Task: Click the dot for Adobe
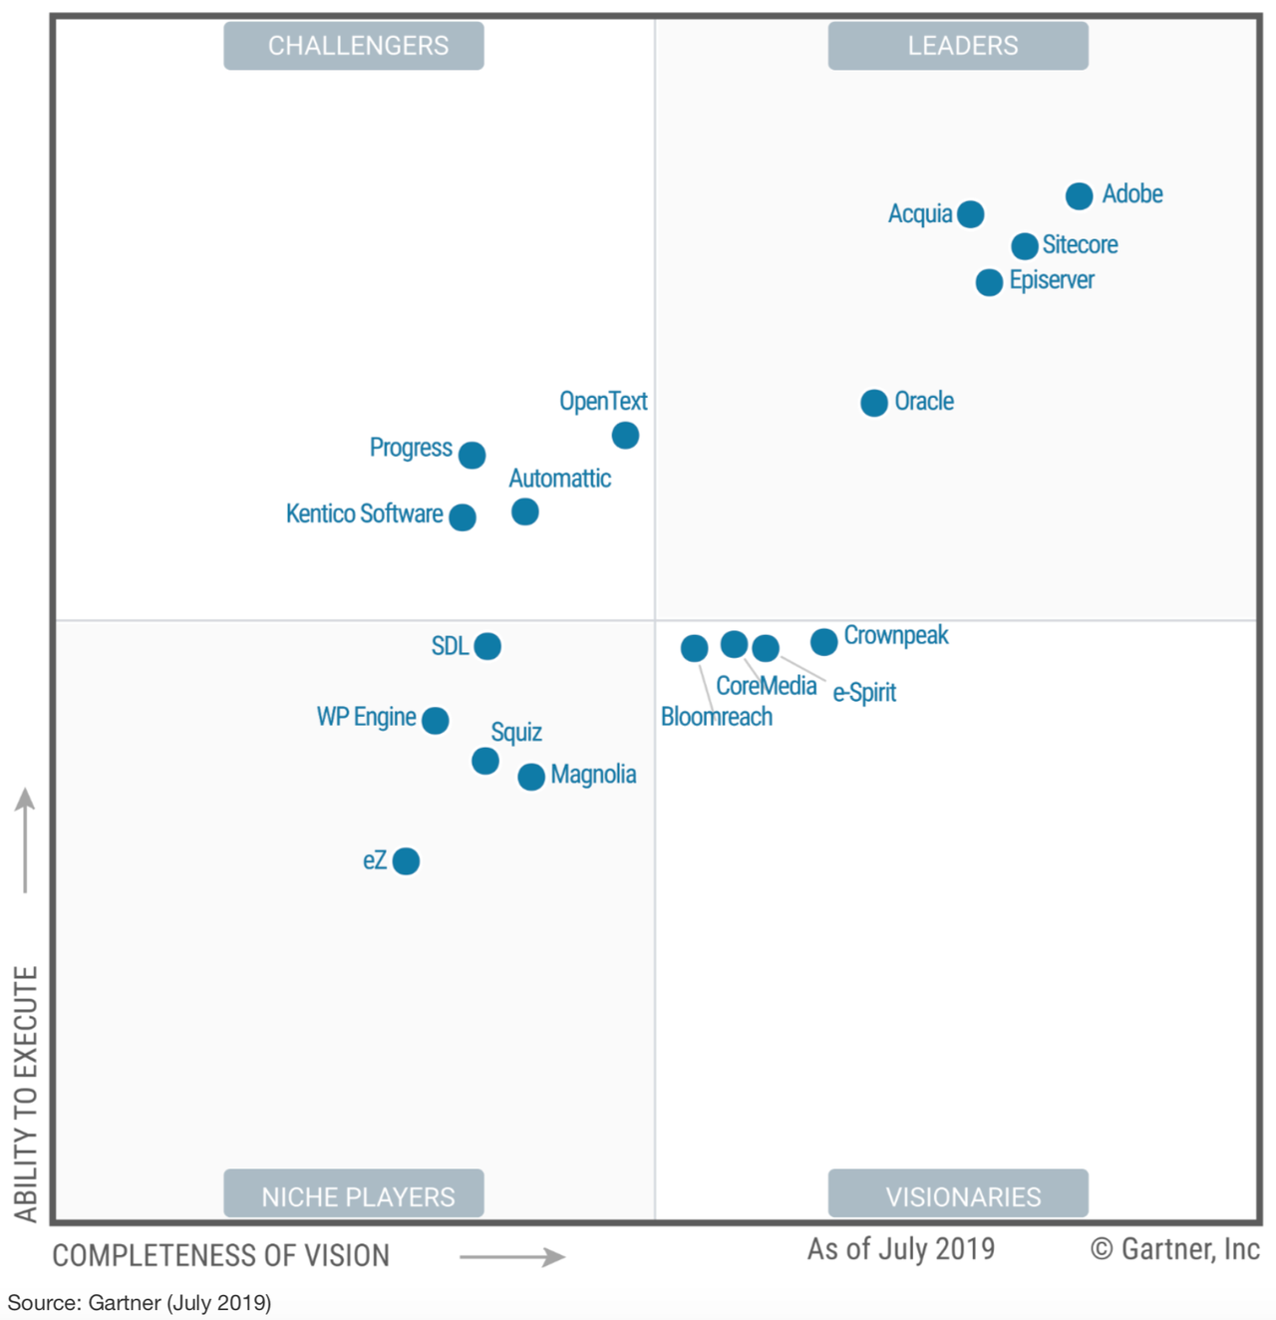[1079, 195]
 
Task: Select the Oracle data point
[874, 403]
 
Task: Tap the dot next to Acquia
[970, 214]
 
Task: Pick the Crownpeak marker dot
[823, 642]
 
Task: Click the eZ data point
[406, 861]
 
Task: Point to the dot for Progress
[472, 456]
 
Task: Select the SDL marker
[487, 646]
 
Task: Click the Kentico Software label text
[364, 514]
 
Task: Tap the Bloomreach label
[716, 717]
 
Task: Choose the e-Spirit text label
[864, 692]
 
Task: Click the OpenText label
[602, 402]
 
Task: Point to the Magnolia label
[593, 775]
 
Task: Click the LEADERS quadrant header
[958, 46]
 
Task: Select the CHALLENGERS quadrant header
[354, 46]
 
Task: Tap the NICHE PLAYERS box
[354, 1194]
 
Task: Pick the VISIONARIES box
[958, 1194]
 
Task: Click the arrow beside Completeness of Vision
[511, 1256]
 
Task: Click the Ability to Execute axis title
[25, 1093]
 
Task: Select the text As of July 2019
[900, 1249]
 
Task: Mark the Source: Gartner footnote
[140, 1303]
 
